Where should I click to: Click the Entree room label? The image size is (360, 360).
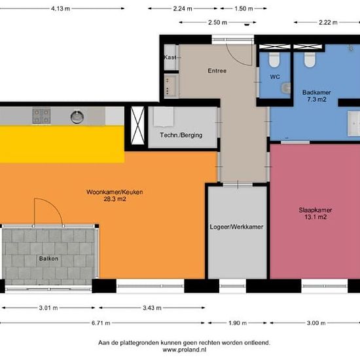217,71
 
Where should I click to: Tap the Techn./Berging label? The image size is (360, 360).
181,135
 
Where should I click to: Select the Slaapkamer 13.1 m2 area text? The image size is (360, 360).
315,213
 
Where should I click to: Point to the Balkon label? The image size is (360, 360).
48,259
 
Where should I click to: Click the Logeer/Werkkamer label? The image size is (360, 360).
236,227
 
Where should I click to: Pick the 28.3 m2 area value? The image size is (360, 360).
115,199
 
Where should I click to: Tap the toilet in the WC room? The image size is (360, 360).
274,60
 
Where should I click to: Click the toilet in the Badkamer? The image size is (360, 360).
310,60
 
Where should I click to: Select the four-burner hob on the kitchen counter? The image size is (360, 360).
41,116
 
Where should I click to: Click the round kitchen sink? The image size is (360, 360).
77,117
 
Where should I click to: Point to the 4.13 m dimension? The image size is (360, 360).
60,9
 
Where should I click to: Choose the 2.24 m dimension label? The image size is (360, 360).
183,9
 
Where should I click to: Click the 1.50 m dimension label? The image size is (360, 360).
243,9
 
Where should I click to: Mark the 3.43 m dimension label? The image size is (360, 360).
152,308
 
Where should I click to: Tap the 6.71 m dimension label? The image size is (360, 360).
101,323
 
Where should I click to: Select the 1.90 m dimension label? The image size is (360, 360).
238,323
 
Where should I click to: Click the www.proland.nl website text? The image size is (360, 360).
185,350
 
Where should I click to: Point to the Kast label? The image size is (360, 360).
170,57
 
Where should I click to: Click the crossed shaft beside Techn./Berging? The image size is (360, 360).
137,126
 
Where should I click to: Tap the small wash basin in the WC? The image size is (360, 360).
286,88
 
